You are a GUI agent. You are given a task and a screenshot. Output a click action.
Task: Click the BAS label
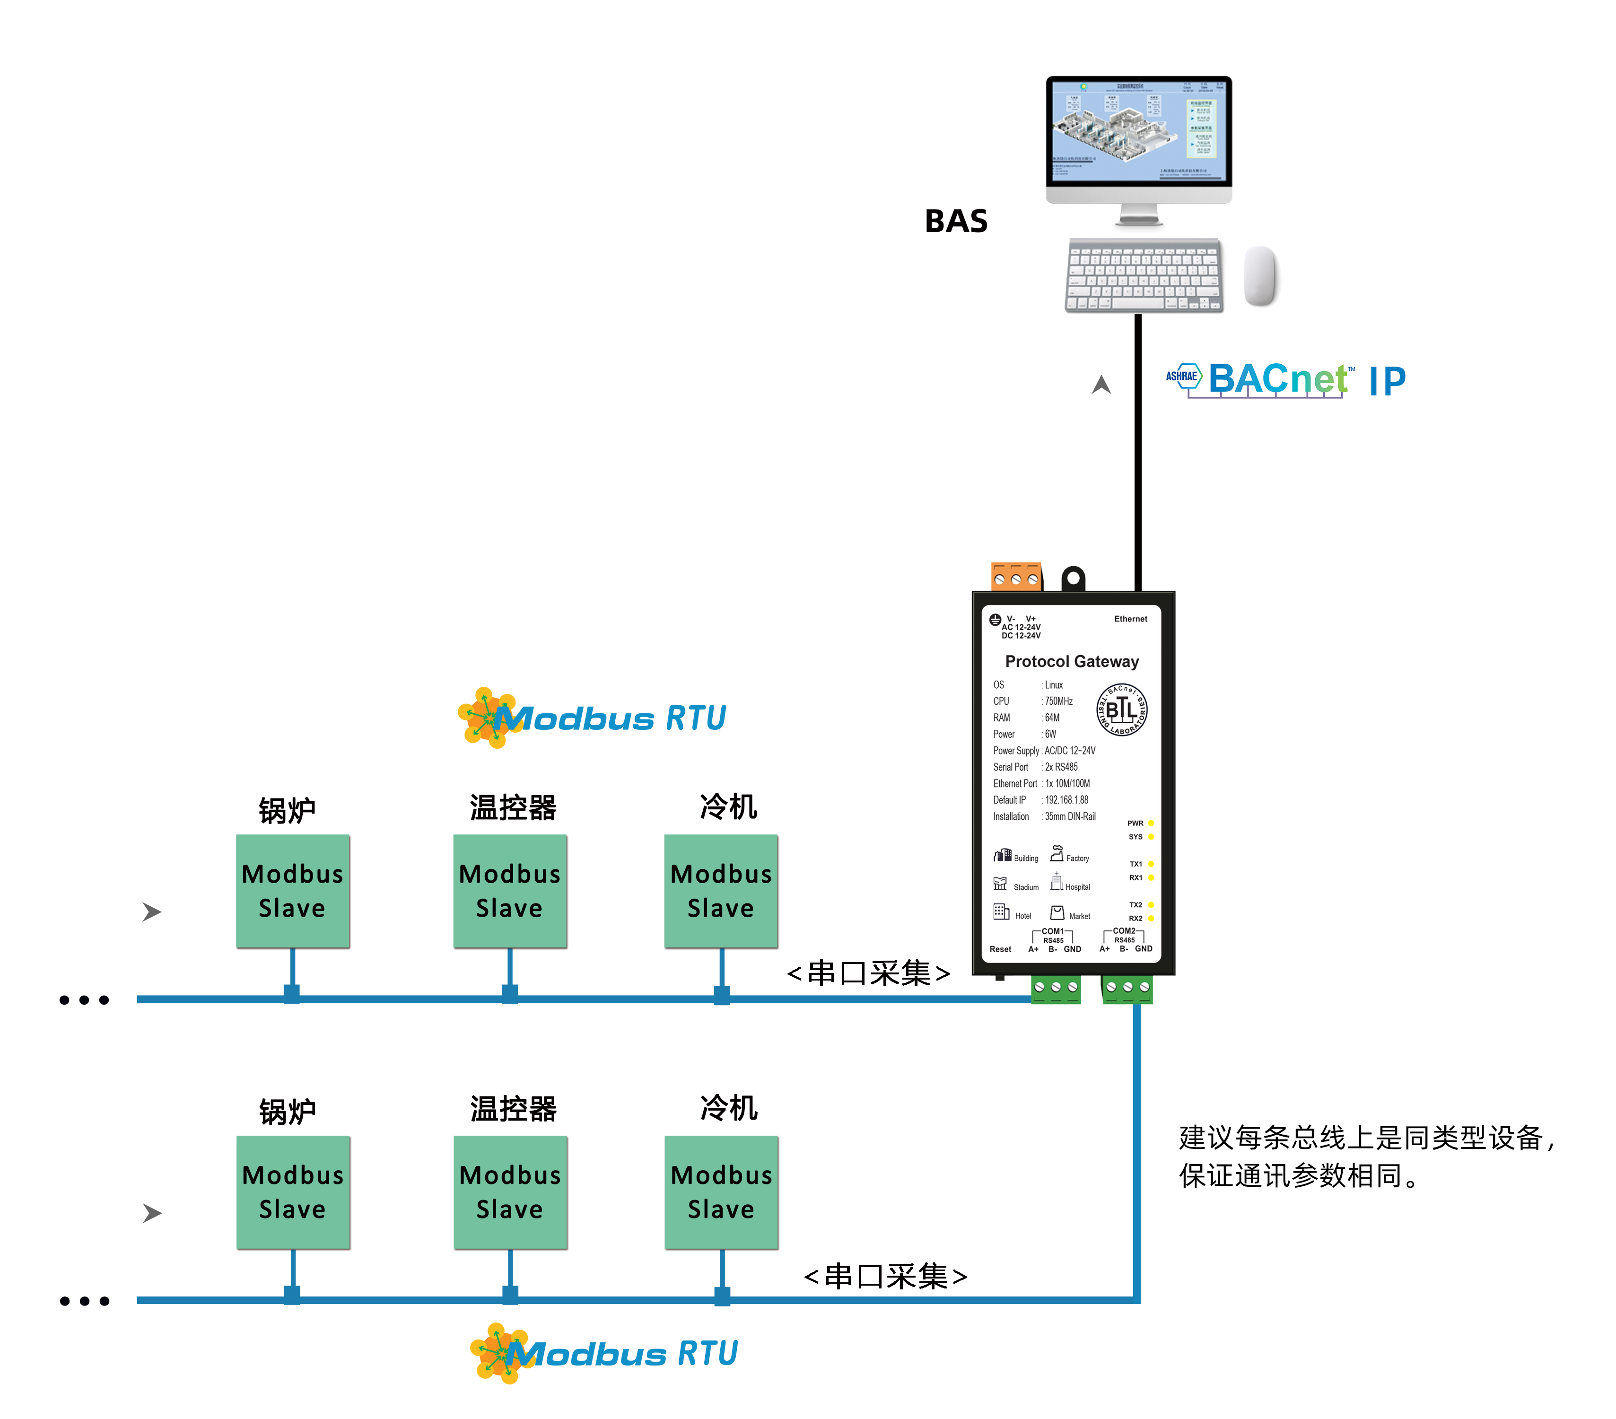(956, 221)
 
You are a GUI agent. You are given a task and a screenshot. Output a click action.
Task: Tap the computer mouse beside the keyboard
(1260, 275)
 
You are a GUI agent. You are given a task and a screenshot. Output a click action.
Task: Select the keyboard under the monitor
(1143, 275)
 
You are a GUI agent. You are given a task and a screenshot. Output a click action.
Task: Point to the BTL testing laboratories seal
(1121, 709)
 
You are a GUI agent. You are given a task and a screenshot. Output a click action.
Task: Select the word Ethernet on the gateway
(1131, 619)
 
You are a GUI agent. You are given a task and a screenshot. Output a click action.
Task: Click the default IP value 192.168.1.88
(1066, 800)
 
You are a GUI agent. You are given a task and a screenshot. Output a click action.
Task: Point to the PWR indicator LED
(1151, 823)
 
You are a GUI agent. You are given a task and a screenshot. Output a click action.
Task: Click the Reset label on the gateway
(1000, 949)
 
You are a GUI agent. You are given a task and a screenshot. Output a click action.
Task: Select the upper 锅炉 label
(287, 809)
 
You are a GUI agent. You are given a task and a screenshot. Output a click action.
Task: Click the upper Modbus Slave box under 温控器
(510, 891)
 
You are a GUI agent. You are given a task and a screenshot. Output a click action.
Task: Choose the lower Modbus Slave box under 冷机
(721, 1192)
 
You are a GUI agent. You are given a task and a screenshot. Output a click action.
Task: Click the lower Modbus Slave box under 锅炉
(293, 1192)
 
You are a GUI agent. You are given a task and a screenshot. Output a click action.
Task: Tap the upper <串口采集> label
(868, 973)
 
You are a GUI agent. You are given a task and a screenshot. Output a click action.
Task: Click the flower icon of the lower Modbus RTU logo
(498, 1353)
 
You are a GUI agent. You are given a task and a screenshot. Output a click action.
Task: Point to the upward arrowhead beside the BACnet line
(1101, 385)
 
